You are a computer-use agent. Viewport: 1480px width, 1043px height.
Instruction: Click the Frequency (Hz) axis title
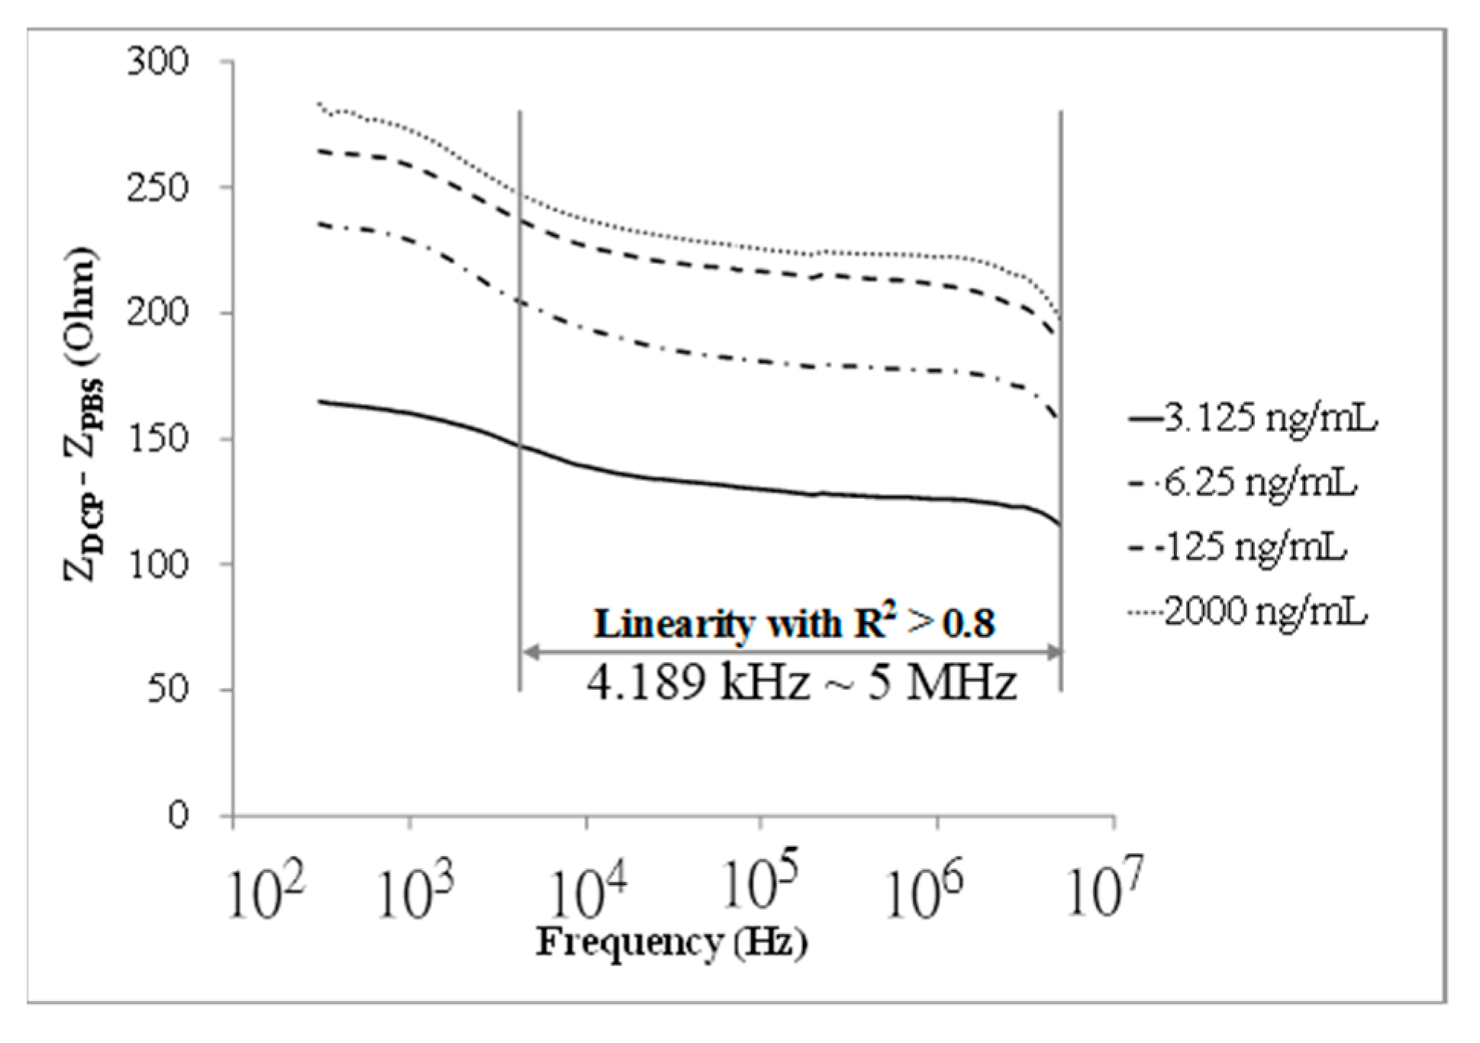click(672, 942)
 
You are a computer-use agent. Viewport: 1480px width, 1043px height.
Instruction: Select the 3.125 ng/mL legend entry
click(1252, 419)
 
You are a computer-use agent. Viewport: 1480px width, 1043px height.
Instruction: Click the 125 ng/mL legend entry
click(1236, 547)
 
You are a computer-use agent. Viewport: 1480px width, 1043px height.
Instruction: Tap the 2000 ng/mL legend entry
click(1246, 611)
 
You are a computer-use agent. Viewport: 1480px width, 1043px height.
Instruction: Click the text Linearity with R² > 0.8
click(795, 624)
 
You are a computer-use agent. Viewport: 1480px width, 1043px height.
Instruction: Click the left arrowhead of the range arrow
click(527, 652)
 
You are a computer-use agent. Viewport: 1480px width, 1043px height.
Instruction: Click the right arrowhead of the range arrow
click(1054, 652)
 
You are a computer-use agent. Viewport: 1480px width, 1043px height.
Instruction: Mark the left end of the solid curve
click(319, 401)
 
